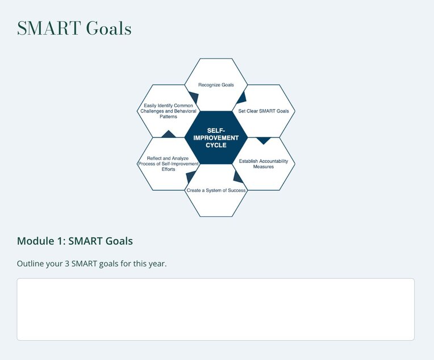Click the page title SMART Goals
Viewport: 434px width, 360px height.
pyautogui.click(x=74, y=28)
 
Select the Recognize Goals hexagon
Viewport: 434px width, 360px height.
pyautogui.click(x=216, y=85)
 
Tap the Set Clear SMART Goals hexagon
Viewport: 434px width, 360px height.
pyautogui.click(x=264, y=111)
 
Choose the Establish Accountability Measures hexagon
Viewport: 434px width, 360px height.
pyautogui.click(x=264, y=164)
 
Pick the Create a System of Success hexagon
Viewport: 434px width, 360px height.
pyautogui.click(x=216, y=190)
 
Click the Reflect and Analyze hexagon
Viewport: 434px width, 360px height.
pyautogui.click(x=168, y=164)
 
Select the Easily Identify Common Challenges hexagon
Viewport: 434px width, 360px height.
pyautogui.click(x=168, y=111)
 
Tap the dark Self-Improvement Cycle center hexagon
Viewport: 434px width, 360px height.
pyautogui.click(x=216, y=137)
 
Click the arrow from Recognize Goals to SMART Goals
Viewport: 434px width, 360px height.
pyautogui.click(x=241, y=96)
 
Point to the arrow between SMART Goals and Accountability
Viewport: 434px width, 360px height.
pyautogui.click(x=263, y=140)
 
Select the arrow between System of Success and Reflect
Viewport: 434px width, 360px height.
pyautogui.click(x=191, y=177)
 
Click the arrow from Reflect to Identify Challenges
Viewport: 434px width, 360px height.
pyautogui.click(x=168, y=135)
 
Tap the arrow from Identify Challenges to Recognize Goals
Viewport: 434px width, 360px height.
pyautogui.click(x=193, y=98)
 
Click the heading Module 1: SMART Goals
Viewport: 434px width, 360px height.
pyautogui.click(x=75, y=241)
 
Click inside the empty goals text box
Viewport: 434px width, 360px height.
pyautogui.click(x=215, y=309)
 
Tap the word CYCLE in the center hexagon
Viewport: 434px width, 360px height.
pyautogui.click(x=216, y=145)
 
